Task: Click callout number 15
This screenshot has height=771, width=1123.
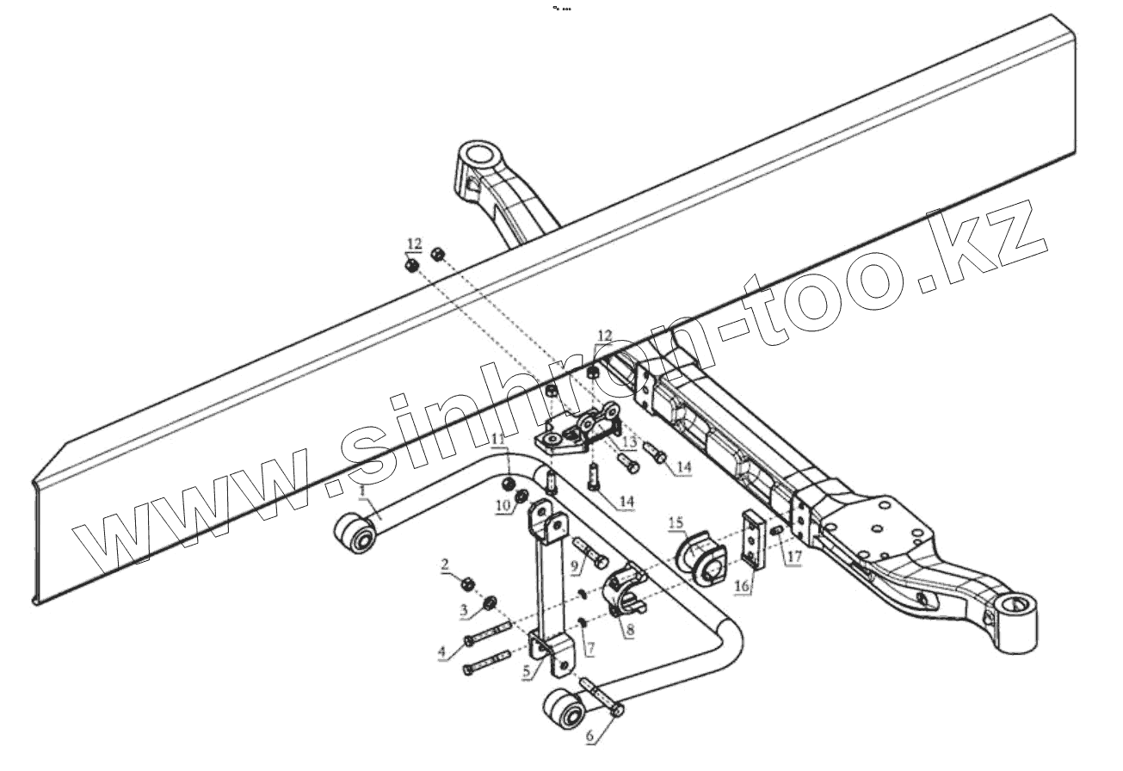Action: (676, 521)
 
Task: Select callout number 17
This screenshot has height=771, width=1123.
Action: (793, 557)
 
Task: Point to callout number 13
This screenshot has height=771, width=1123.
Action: (629, 442)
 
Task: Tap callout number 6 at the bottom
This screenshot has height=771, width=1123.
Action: (589, 737)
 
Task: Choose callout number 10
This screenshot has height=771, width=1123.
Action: (503, 505)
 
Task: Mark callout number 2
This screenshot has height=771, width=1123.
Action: (445, 564)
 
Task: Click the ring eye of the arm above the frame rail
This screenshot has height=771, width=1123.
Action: (479, 158)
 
